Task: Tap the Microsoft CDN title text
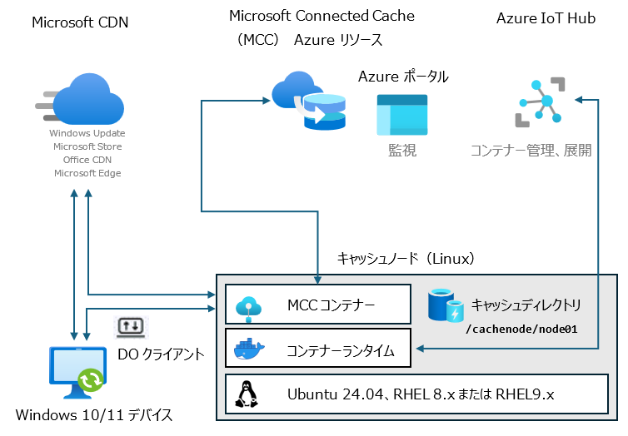click(80, 22)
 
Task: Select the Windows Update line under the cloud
click(87, 133)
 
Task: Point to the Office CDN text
click(87, 160)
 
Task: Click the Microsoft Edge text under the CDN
click(87, 173)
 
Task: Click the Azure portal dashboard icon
click(401, 115)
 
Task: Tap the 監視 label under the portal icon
click(401, 150)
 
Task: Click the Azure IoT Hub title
click(546, 18)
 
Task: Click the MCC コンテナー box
click(319, 305)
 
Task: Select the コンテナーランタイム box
click(319, 348)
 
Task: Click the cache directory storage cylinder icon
click(446, 306)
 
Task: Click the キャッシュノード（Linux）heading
click(406, 259)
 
